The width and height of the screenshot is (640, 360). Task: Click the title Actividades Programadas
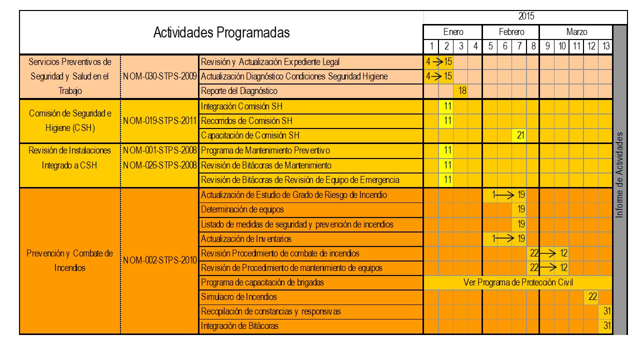(221, 33)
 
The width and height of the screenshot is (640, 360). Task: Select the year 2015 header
(526, 17)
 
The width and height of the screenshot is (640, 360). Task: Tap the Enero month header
(453, 32)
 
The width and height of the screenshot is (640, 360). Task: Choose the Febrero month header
(511, 32)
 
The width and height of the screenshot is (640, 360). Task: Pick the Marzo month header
(576, 32)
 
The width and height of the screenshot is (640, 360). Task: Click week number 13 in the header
(606, 46)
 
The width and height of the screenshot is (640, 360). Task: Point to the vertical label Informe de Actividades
(620, 175)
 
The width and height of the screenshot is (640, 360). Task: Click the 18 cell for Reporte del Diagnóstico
(460, 91)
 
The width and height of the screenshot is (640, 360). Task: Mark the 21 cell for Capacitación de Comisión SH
(519, 135)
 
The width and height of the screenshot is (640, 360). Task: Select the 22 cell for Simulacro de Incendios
(592, 297)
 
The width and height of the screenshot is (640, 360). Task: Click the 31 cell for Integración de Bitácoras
(606, 326)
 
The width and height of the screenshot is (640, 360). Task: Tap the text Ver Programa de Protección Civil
(518, 282)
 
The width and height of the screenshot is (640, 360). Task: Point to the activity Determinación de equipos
(242, 209)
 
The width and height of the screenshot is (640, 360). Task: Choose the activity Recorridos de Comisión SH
(246, 121)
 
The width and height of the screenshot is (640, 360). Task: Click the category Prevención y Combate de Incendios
(69, 260)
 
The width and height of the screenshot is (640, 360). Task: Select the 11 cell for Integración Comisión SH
(446, 106)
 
